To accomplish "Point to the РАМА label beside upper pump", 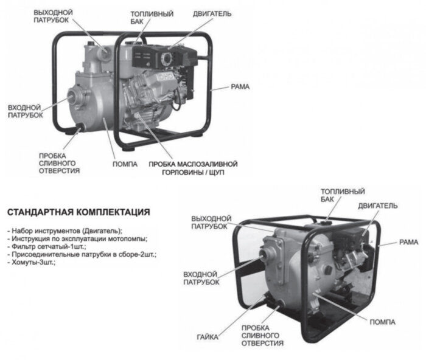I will tap(240, 87).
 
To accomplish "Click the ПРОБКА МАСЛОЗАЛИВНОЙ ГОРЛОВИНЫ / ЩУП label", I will tap(192, 168).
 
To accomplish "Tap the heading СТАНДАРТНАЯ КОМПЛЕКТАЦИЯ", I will tap(78, 213).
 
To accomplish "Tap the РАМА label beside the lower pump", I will tap(408, 242).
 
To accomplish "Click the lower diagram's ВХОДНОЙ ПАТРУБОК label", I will tap(201, 279).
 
